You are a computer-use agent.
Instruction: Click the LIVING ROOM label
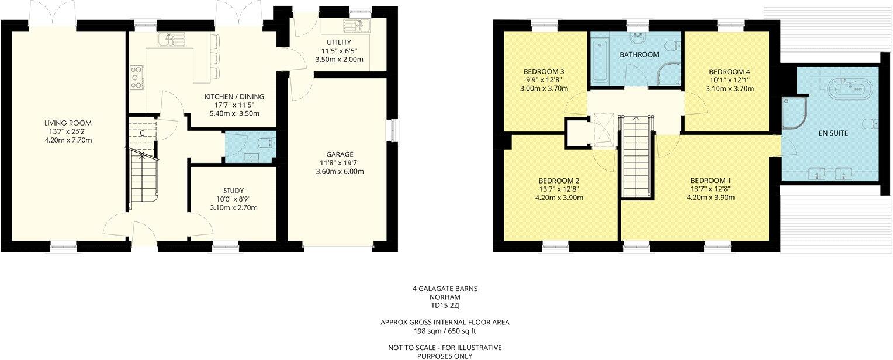pyautogui.click(x=68, y=123)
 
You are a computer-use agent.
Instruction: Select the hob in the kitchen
pyautogui.click(x=137, y=77)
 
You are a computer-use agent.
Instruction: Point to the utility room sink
pyautogui.click(x=354, y=25)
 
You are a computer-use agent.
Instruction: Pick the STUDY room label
pyautogui.click(x=233, y=191)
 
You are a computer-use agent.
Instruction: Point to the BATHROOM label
pyautogui.click(x=640, y=54)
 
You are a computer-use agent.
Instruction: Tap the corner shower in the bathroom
pyautogui.click(x=668, y=74)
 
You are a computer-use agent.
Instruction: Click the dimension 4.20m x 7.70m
pyautogui.click(x=68, y=140)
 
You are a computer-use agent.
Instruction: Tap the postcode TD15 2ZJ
pyautogui.click(x=445, y=305)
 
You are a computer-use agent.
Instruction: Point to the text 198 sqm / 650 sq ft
pyautogui.click(x=445, y=330)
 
